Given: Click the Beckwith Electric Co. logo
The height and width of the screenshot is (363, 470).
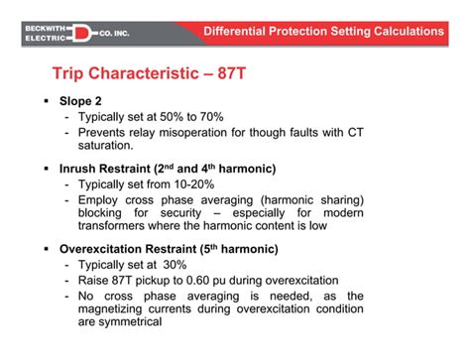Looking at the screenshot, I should tap(87, 32).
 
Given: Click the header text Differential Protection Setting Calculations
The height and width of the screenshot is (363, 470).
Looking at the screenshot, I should tap(323, 31).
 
